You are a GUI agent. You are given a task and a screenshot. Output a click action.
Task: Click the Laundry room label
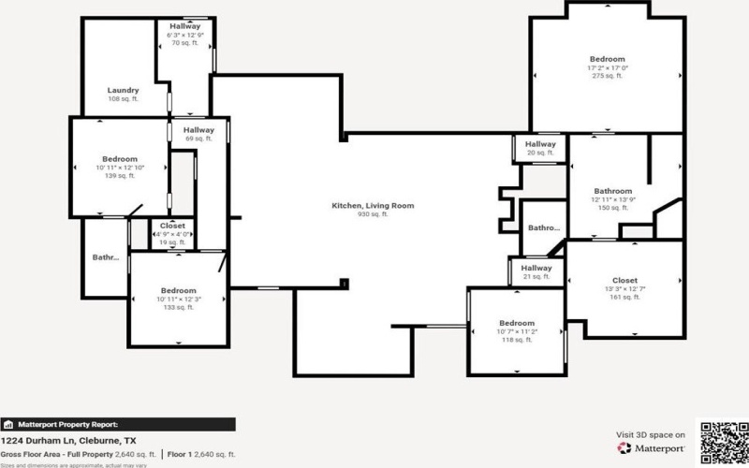click(x=123, y=90)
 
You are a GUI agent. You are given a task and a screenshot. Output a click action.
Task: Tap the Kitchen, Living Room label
click(x=373, y=205)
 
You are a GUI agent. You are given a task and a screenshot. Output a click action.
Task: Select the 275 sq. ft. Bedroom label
click(x=606, y=60)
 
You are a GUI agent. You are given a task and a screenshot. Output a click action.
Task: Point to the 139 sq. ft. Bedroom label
click(x=120, y=159)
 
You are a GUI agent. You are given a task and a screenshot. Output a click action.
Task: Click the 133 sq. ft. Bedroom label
click(x=178, y=290)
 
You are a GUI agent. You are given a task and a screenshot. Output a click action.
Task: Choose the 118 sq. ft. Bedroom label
click(x=516, y=324)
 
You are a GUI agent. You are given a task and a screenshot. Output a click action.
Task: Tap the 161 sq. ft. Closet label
click(x=624, y=281)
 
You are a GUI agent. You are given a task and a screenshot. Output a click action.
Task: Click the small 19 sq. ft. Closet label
click(x=172, y=226)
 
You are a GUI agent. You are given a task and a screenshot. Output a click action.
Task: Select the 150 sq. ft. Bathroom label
click(x=613, y=191)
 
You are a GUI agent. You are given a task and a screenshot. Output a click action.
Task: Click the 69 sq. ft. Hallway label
click(x=198, y=130)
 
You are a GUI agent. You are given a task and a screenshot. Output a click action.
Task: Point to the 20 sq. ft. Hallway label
click(x=540, y=144)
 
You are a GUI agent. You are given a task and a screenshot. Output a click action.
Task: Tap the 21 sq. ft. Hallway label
click(x=536, y=268)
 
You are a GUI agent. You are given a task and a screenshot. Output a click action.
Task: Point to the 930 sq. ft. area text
click(x=373, y=214)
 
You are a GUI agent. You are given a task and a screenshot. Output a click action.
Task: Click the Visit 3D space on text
click(x=651, y=434)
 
